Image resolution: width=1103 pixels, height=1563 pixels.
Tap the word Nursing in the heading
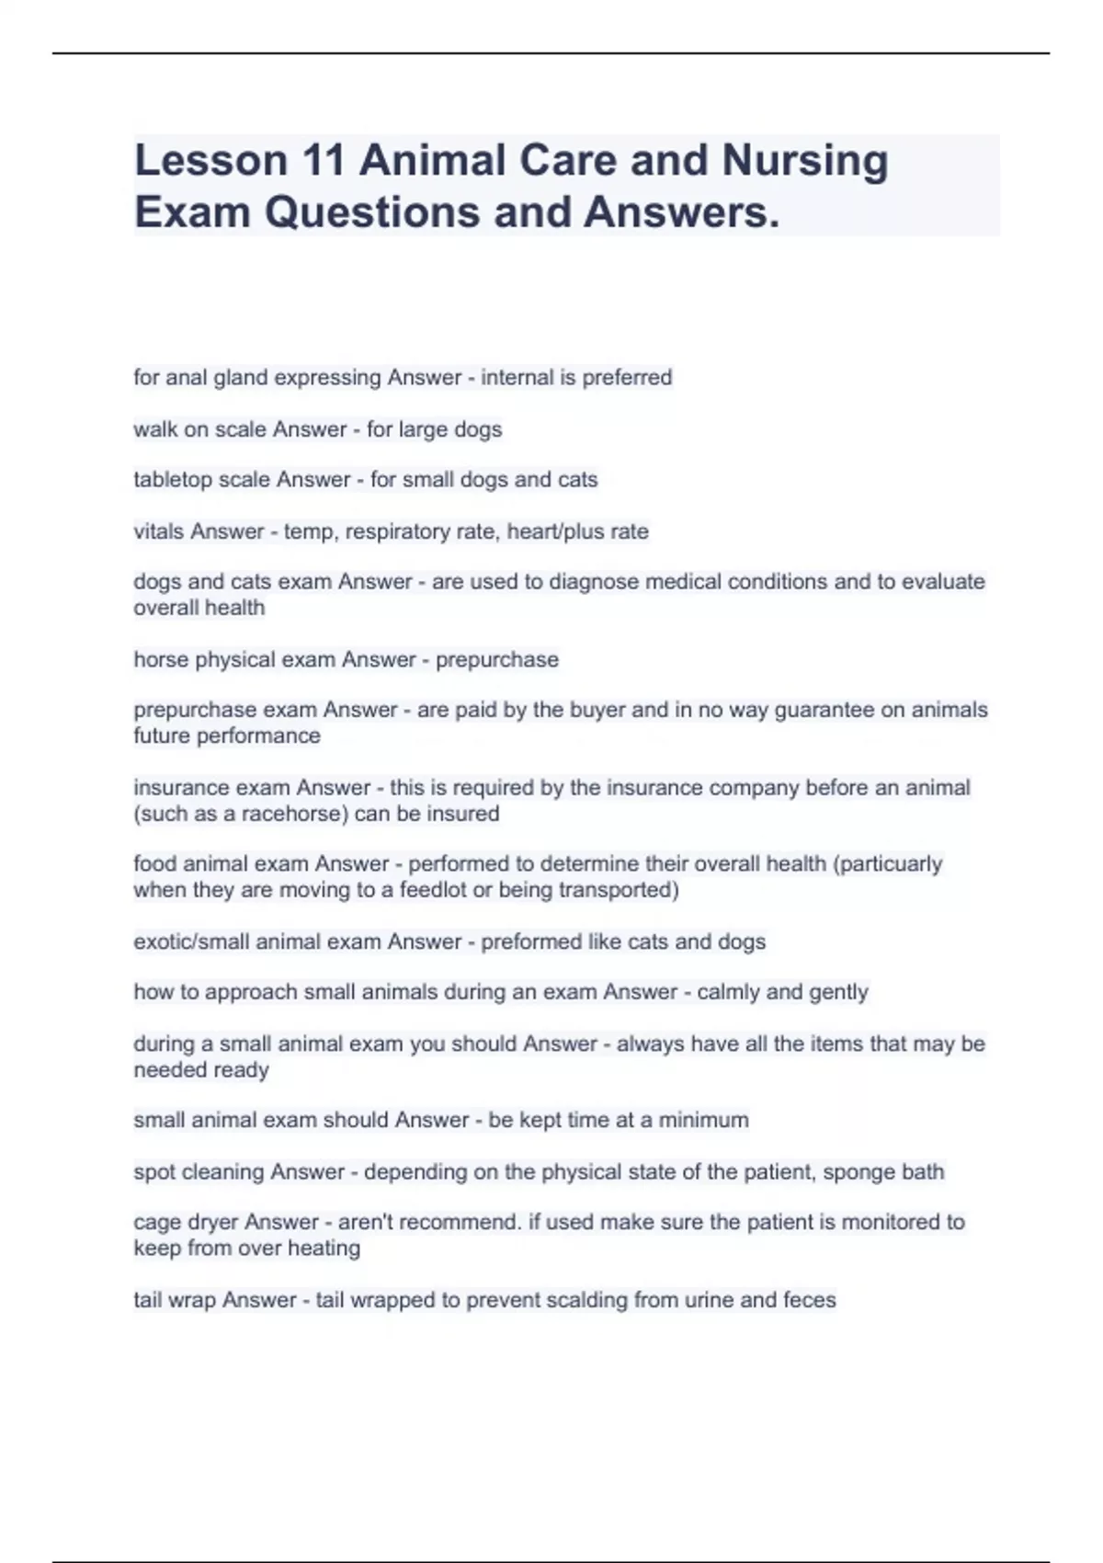click(x=804, y=161)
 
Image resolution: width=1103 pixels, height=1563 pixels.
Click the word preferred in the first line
click(x=628, y=378)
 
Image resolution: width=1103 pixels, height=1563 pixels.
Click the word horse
click(x=161, y=660)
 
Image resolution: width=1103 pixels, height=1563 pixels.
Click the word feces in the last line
click(x=809, y=1301)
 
